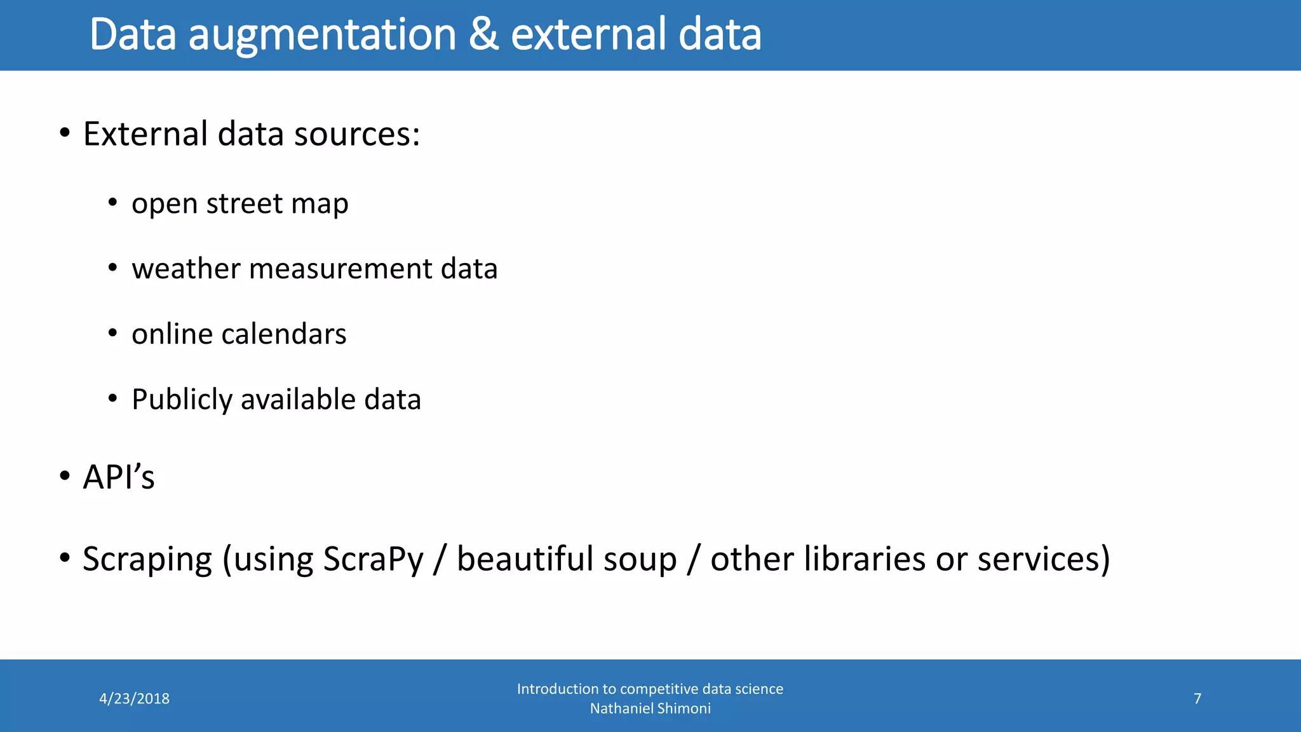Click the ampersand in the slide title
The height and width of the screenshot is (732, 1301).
pyautogui.click(x=483, y=34)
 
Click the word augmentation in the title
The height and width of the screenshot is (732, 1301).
pyautogui.click(x=322, y=34)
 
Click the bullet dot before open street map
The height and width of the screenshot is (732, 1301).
pyautogui.click(x=112, y=203)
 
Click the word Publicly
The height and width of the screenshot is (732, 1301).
pyautogui.click(x=182, y=400)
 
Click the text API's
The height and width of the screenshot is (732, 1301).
pyautogui.click(x=119, y=477)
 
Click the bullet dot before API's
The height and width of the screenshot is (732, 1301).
pyautogui.click(x=64, y=477)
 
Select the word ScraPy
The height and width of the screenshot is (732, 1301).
pyautogui.click(x=373, y=560)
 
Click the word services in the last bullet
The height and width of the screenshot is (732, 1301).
pyautogui.click(x=1038, y=559)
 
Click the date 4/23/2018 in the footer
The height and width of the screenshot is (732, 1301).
pyautogui.click(x=134, y=699)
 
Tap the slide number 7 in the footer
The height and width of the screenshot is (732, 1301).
pyautogui.click(x=1197, y=699)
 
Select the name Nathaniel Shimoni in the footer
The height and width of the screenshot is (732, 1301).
pyautogui.click(x=650, y=708)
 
